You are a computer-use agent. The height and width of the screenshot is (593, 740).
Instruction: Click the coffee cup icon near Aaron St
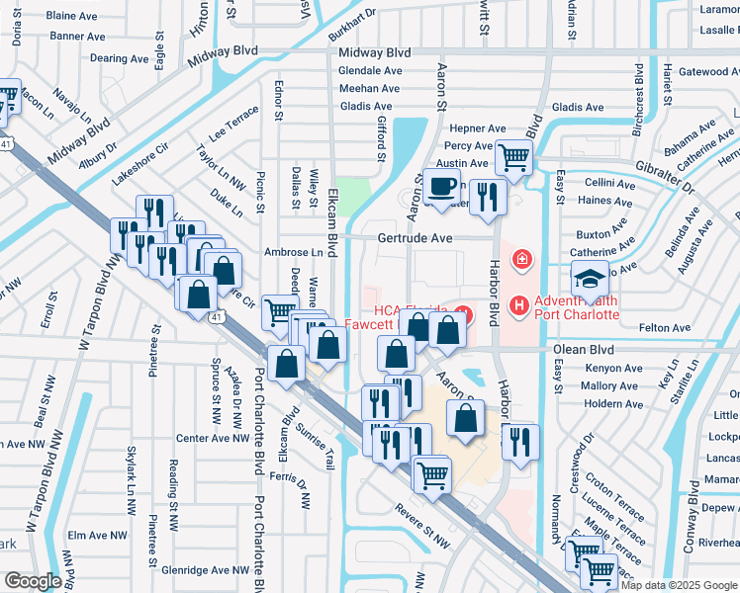[x=441, y=185]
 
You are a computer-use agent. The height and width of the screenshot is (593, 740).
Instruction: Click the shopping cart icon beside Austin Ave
[x=513, y=156]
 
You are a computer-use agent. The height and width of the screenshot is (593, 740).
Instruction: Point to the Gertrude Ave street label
[x=415, y=238]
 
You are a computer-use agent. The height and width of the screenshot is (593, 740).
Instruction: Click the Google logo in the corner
[x=32, y=580]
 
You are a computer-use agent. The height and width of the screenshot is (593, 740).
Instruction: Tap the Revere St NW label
[x=420, y=536]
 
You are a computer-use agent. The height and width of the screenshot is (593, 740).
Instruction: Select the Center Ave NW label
[x=209, y=438]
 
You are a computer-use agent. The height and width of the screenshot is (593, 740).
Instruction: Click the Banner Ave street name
[x=76, y=36]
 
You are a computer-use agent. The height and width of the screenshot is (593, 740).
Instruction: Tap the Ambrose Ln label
[x=294, y=252]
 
